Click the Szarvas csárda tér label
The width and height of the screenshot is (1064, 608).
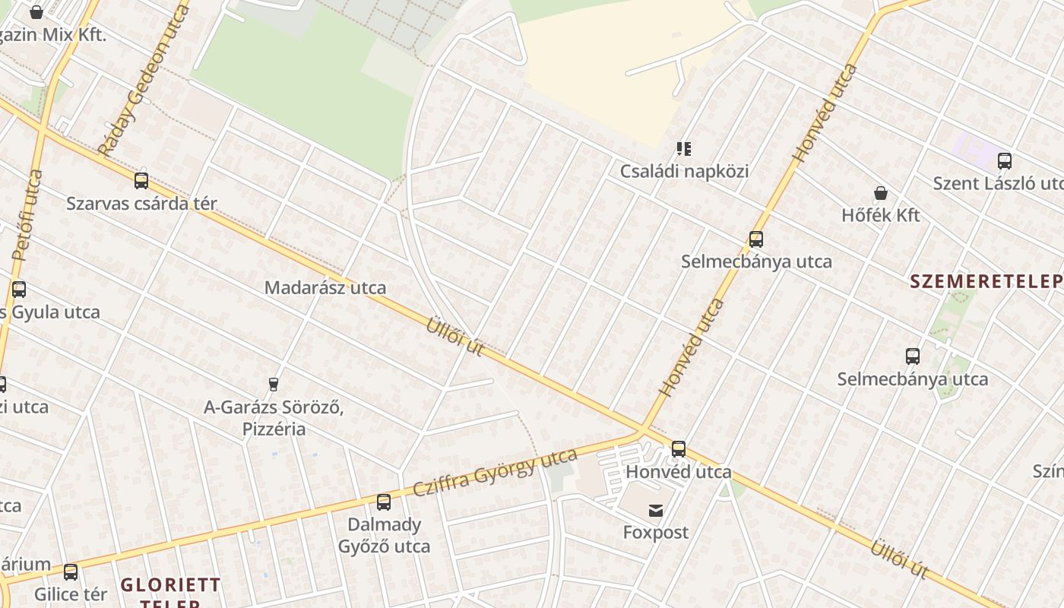[141, 204]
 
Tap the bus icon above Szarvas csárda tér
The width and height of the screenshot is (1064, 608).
[141, 181]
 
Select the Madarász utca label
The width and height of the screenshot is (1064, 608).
[325, 288]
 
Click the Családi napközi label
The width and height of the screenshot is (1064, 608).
[684, 171]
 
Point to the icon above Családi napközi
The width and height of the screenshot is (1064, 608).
[684, 149]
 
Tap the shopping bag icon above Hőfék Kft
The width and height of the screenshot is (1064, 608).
[881, 193]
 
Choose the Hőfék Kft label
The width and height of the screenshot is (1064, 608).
[881, 215]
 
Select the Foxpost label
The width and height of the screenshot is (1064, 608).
[656, 532]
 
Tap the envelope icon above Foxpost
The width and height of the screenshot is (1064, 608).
[656, 511]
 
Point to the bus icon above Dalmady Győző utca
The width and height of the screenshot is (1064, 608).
[384, 502]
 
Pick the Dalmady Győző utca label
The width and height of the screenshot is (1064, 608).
[384, 535]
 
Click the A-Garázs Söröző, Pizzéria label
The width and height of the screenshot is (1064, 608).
[274, 418]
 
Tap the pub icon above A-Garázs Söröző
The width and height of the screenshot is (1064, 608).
[274, 385]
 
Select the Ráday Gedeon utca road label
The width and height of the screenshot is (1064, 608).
[144, 80]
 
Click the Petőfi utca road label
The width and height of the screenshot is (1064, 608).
[28, 217]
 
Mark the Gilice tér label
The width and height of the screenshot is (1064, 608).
[71, 594]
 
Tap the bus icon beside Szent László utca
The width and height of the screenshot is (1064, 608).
[1004, 161]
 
